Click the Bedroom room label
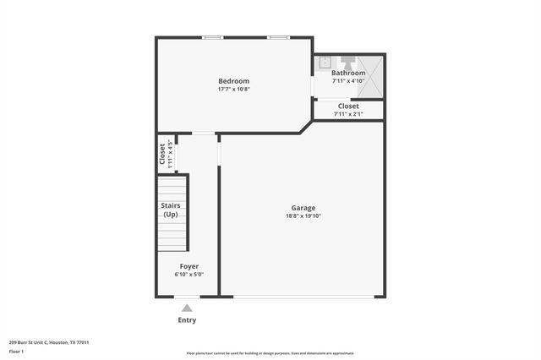tap(233, 81)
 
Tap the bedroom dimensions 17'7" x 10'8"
tap(233, 89)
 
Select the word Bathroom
tap(348, 73)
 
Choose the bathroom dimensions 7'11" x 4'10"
tap(348, 81)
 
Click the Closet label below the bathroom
tap(348, 106)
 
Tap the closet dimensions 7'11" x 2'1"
tap(348, 113)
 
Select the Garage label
tap(303, 208)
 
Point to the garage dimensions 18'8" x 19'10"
tap(303, 216)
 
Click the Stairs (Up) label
tap(171, 210)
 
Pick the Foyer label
tap(189, 266)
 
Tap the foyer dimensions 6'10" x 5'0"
tap(189, 275)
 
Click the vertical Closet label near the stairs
tap(163, 153)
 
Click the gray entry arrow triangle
tap(187, 308)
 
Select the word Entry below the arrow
tap(187, 320)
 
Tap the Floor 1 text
tap(16, 351)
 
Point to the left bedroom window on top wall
tap(213, 37)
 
